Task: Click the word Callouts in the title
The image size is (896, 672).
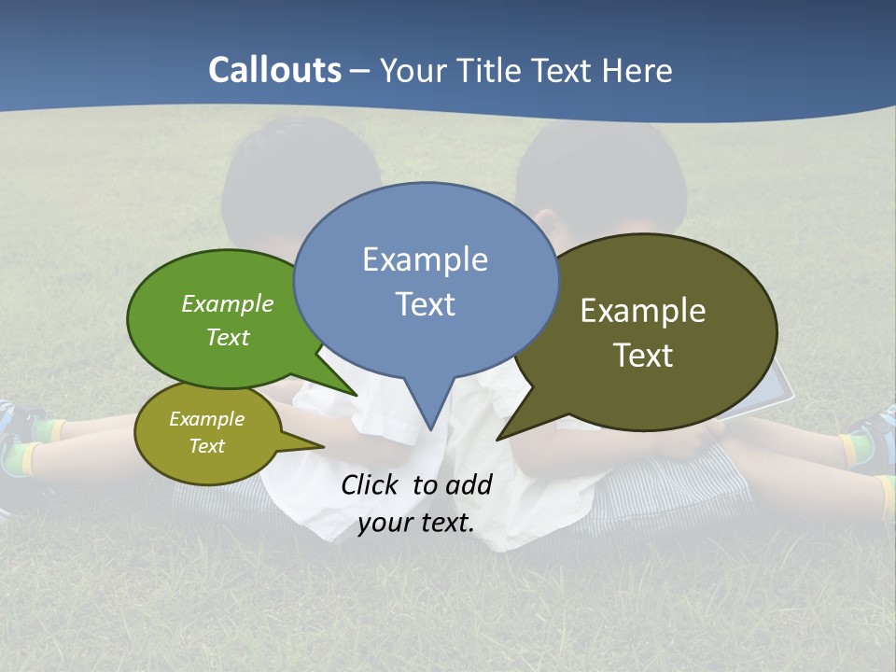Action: (274, 70)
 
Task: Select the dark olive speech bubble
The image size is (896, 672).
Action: (653, 331)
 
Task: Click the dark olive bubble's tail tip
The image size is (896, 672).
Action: (497, 439)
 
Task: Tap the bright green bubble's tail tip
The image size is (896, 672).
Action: (357, 396)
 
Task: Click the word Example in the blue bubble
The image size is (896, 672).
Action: (425, 259)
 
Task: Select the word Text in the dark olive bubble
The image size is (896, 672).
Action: (643, 356)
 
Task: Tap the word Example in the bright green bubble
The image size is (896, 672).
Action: (228, 304)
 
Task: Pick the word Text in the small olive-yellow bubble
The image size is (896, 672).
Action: (207, 446)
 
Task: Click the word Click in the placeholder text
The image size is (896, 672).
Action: (371, 484)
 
